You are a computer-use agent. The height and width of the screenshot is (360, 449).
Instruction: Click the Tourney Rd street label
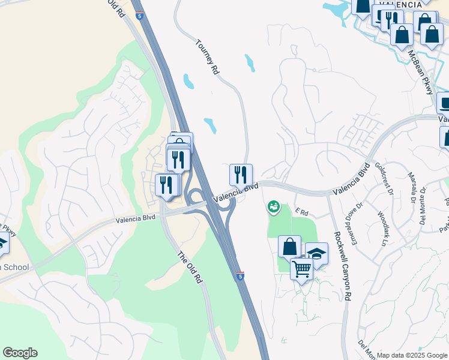point(208,56)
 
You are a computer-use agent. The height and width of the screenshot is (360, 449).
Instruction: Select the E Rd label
point(301,212)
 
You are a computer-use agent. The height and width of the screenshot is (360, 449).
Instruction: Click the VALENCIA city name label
point(400,4)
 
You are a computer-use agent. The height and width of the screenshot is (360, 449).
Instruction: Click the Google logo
point(20,353)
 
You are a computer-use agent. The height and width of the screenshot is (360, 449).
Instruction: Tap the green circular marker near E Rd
point(273,206)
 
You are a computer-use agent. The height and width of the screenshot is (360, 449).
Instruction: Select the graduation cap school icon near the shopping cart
point(316,254)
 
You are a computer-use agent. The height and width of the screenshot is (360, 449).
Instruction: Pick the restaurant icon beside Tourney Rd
point(241,175)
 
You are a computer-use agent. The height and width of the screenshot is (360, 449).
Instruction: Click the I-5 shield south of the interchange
point(240,276)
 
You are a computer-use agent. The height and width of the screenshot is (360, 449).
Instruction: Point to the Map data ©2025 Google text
point(412,355)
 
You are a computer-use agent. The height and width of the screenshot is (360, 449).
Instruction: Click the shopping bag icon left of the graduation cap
point(289,247)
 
